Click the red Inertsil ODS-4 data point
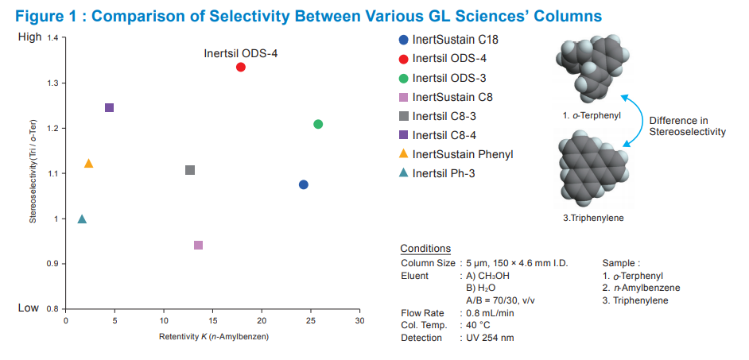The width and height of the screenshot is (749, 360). [241, 68]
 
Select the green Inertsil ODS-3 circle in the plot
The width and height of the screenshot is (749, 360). [318, 124]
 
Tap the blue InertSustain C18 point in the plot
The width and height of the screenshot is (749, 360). [303, 184]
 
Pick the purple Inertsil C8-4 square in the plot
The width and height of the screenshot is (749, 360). [110, 107]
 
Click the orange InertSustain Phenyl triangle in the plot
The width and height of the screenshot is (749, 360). [88, 164]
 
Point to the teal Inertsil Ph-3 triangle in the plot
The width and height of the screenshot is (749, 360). [82, 219]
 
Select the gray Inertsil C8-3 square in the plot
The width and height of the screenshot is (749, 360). [190, 170]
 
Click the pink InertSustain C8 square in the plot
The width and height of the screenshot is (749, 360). [198, 245]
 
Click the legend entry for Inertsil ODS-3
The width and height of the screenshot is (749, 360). [449, 78]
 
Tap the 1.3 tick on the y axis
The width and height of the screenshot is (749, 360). [52, 83]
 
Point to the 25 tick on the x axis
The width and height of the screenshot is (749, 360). [311, 320]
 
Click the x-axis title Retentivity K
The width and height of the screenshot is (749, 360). [213, 338]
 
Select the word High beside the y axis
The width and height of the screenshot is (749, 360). [29, 38]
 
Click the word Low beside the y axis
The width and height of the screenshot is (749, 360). [29, 308]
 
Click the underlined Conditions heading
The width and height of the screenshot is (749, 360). [425, 249]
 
